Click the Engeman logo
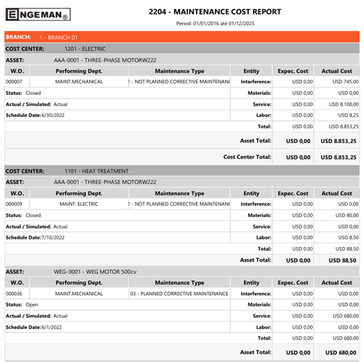38,14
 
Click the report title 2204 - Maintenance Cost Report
214,12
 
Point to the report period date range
214,23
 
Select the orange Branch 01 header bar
182,37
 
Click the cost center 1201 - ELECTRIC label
85,48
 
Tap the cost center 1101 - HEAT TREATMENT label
96,171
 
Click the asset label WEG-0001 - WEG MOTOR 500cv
95,271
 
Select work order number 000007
14,82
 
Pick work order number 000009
14,204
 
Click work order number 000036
14,293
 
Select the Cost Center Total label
247,157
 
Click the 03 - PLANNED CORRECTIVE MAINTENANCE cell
179,293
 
